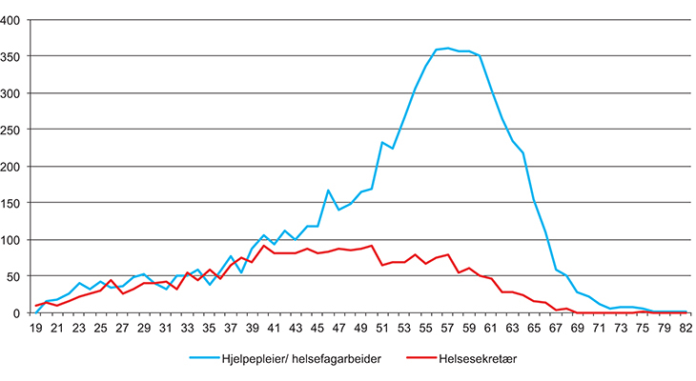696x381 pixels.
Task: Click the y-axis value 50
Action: pyautogui.click(x=18, y=276)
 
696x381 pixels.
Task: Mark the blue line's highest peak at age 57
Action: pyautogui.click(x=448, y=49)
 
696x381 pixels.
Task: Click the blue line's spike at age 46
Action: pyautogui.click(x=328, y=190)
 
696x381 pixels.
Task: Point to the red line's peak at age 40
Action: pyautogui.click(x=264, y=246)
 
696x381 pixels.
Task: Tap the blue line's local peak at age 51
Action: pyautogui.click(x=381, y=143)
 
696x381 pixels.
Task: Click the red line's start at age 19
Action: pyautogui.click(x=36, y=306)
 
